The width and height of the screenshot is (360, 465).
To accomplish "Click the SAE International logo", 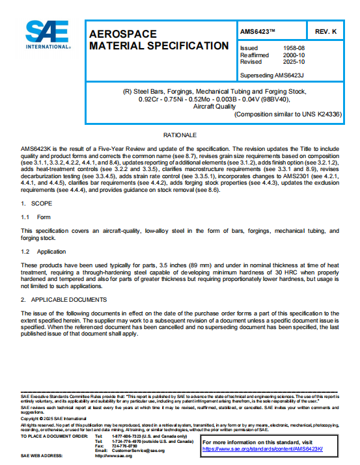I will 44,36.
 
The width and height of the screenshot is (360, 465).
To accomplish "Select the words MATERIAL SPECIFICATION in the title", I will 158,46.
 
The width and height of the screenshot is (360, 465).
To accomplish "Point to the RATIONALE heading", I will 180,135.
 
